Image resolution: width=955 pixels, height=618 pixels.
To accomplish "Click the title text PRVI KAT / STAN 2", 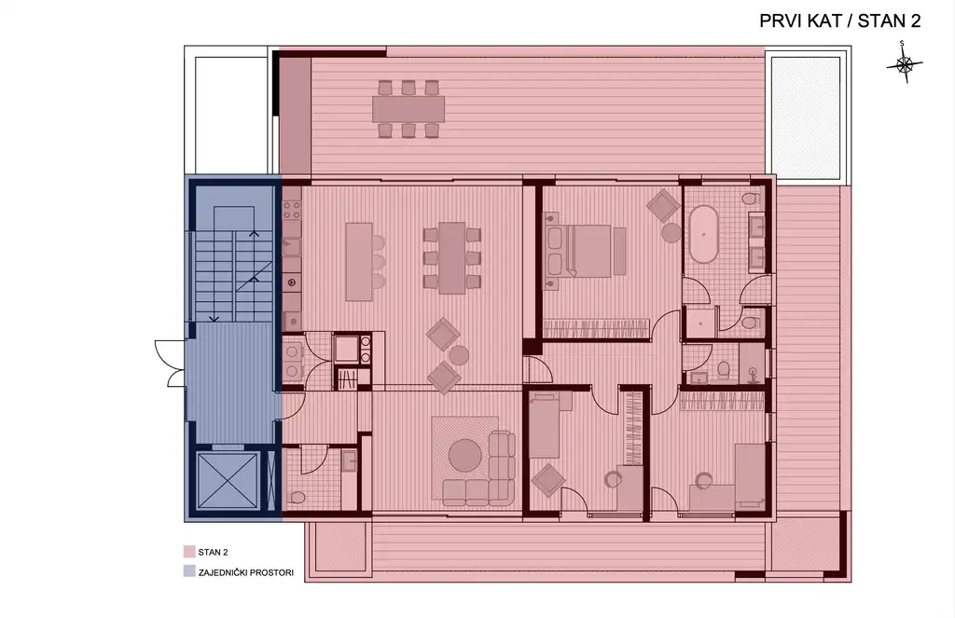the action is point(840,21).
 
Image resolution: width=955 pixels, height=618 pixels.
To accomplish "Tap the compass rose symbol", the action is point(905,62).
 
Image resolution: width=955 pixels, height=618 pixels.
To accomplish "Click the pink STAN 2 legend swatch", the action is point(188,552).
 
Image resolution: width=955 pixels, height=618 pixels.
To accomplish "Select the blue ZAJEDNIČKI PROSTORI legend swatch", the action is point(188,571).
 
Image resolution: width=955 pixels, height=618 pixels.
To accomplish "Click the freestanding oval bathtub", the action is point(703,234).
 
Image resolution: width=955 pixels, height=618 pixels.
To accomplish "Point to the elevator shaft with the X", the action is point(228,481).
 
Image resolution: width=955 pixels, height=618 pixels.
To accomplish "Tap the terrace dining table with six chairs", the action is point(408,109).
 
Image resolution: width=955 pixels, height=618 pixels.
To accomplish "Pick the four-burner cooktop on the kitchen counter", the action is point(292,211).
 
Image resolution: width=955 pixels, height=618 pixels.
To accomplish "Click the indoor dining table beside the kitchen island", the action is point(452,257).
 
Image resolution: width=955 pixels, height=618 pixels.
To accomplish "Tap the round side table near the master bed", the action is point(671,233).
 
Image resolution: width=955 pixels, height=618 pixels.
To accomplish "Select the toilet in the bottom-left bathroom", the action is point(297,498).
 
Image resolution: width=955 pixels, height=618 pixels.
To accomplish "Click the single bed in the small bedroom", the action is point(544,426).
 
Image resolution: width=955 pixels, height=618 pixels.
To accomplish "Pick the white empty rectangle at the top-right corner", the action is point(806,117).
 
